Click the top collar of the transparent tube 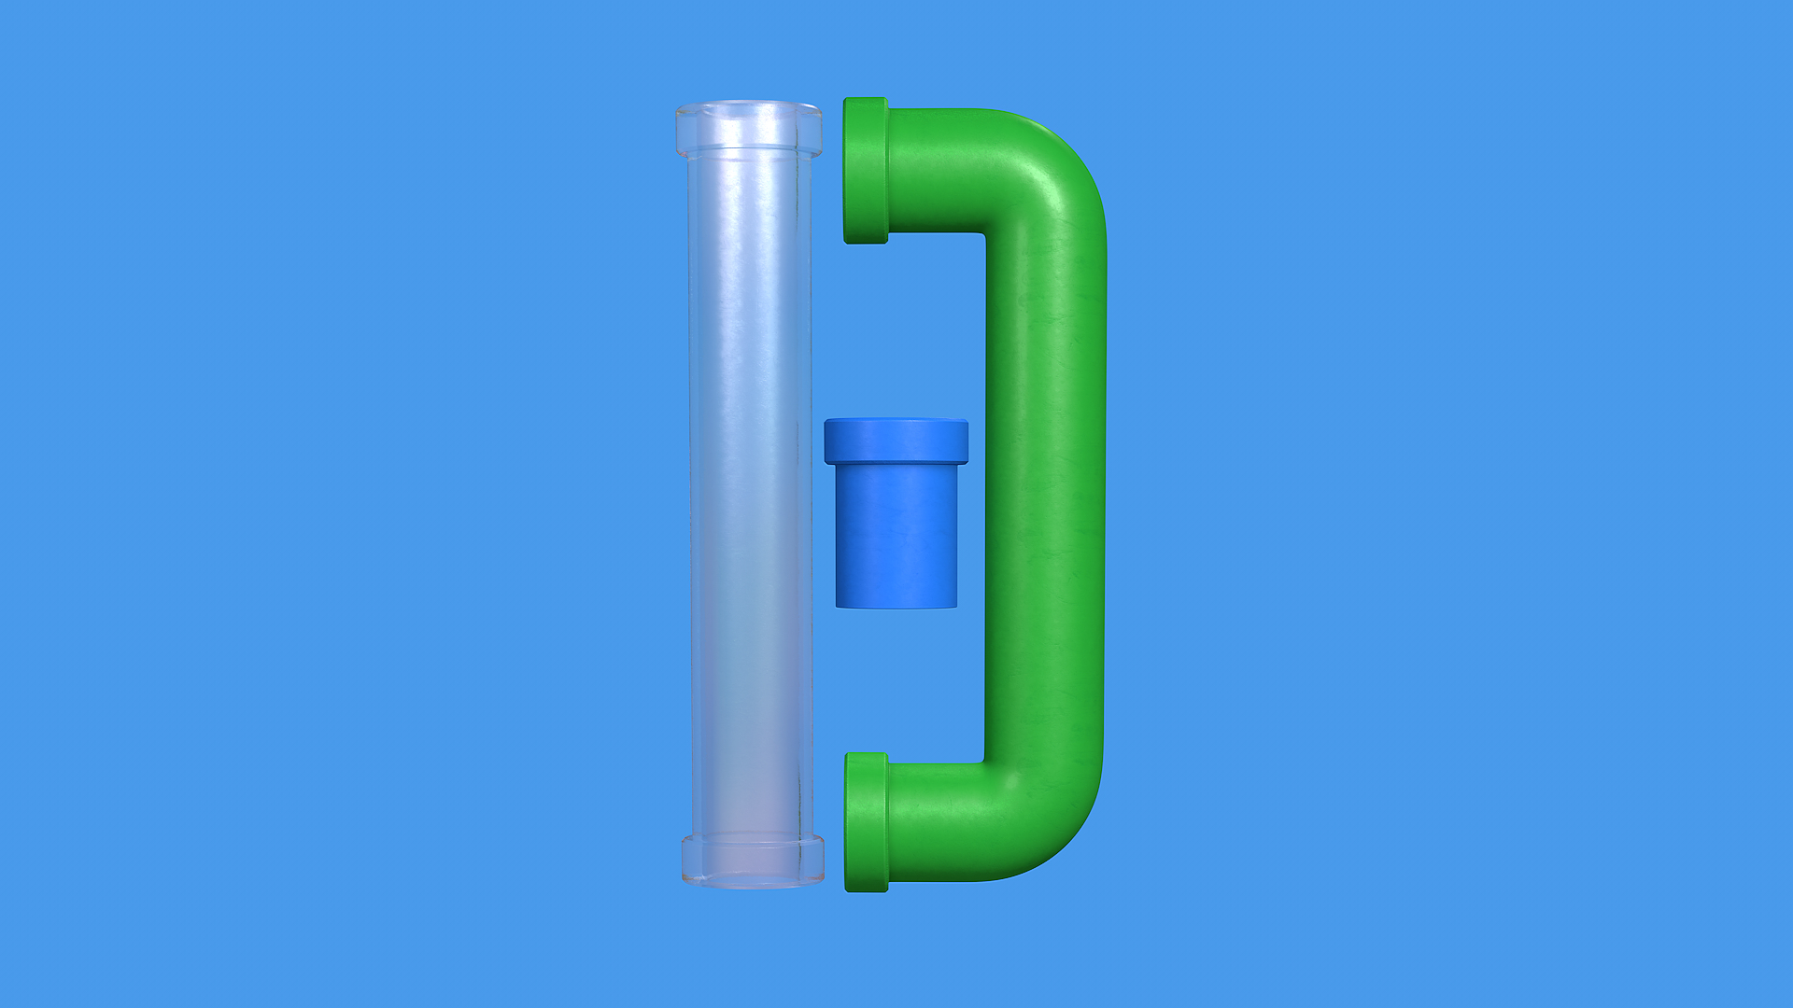[x=749, y=130]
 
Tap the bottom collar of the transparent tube [x=753, y=860]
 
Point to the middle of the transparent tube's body [x=750, y=495]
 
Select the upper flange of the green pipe [x=866, y=170]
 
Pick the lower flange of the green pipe [x=867, y=821]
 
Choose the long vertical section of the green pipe [x=1046, y=495]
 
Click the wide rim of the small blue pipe [x=896, y=441]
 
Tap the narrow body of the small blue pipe [x=896, y=537]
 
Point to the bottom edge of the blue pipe [x=896, y=606]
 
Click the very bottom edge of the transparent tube [x=753, y=885]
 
